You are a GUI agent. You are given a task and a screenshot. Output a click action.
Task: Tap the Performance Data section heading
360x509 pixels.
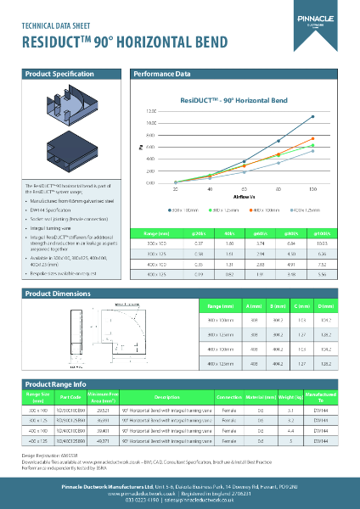162,76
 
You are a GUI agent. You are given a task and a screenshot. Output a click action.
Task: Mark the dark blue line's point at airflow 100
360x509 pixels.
313,116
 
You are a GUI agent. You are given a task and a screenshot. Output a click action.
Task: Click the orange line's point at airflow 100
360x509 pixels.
313,137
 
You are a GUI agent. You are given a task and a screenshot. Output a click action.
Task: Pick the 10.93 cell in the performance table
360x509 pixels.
322,243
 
